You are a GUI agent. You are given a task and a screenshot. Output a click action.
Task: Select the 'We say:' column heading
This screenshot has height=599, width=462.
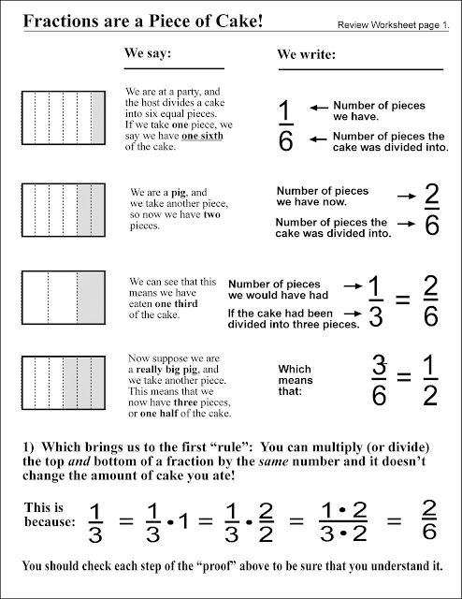148,55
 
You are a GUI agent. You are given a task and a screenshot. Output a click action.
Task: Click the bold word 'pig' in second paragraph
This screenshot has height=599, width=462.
169,191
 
